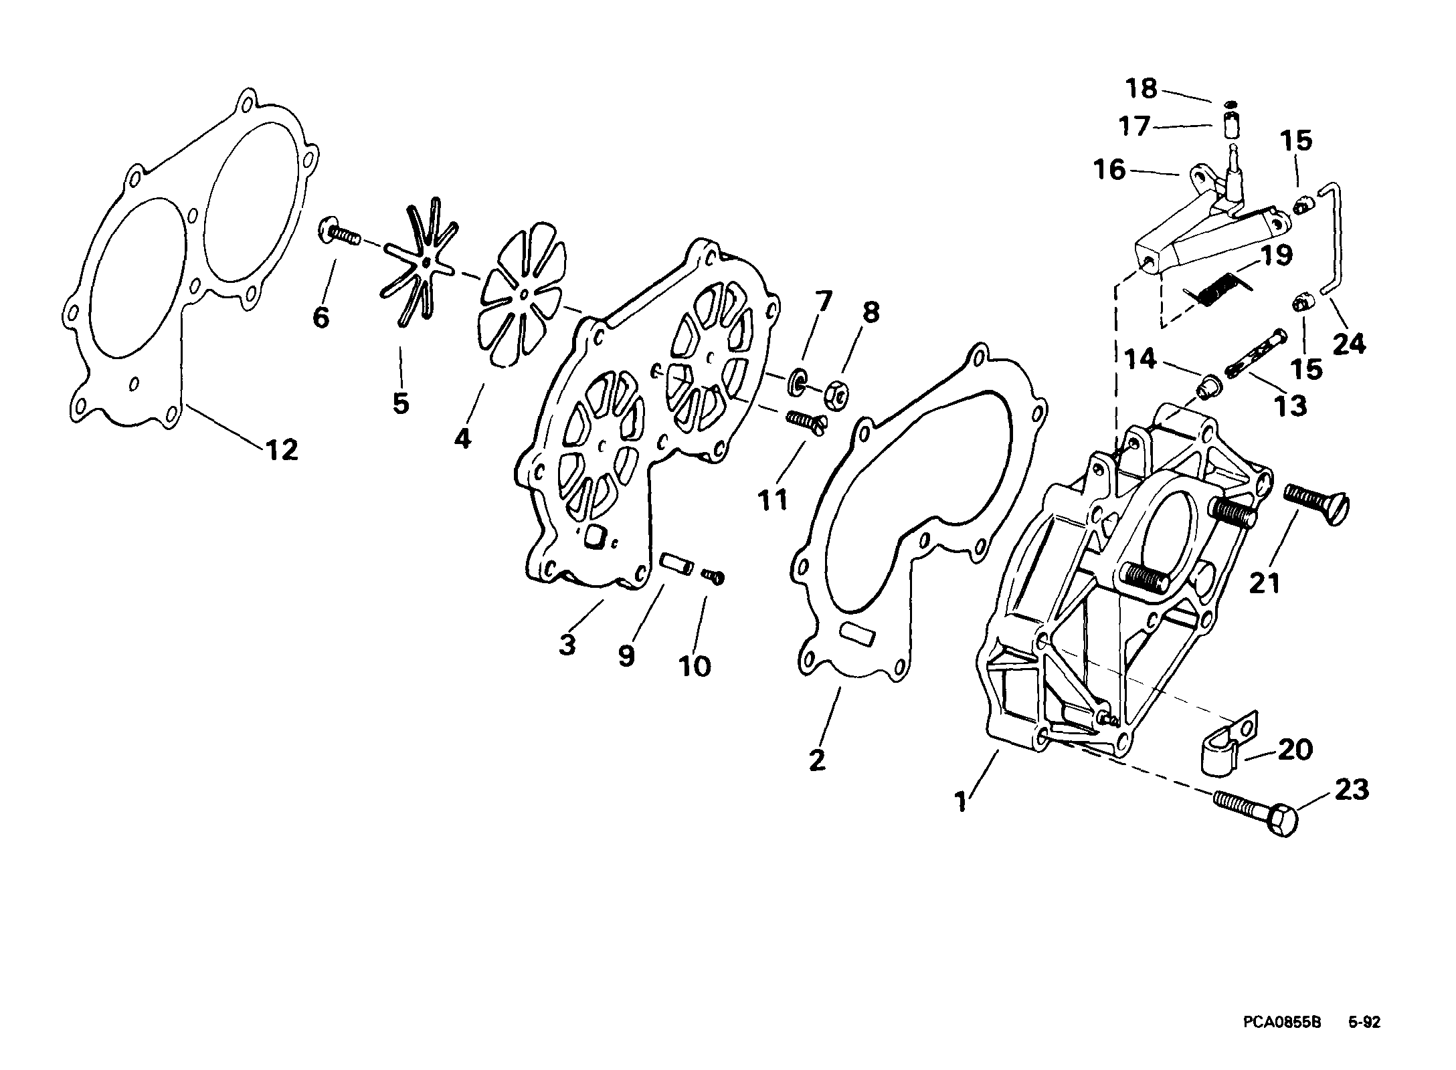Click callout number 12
tap(282, 450)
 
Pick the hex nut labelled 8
tap(832, 395)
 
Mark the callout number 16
tap(1109, 169)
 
